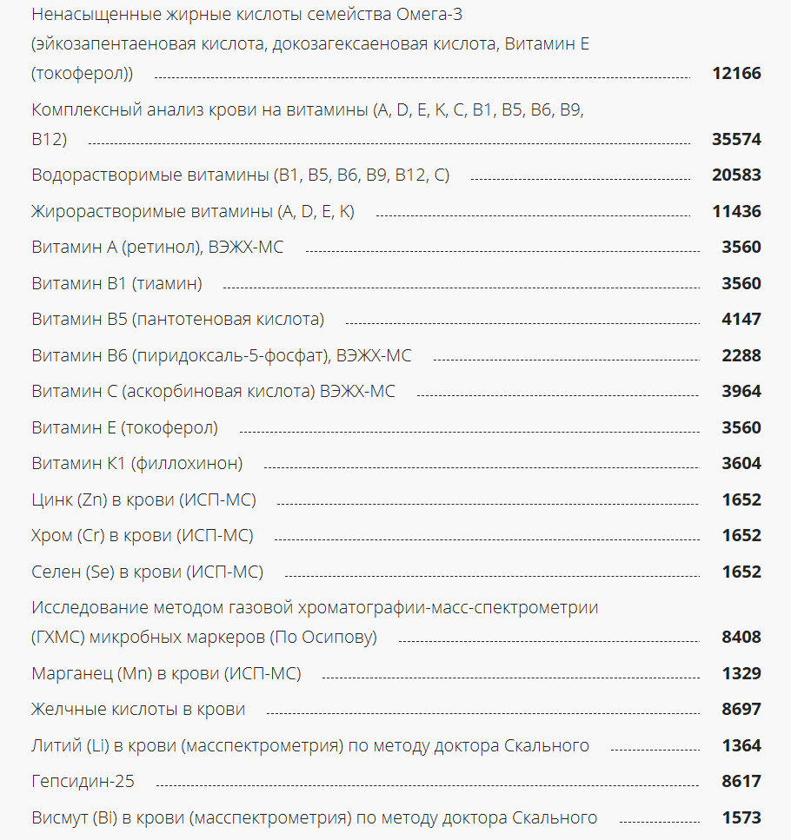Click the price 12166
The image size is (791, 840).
pyautogui.click(x=736, y=74)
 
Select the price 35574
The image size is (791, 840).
pyautogui.click(x=736, y=139)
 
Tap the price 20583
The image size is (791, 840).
pyautogui.click(x=736, y=175)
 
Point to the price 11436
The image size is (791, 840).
pyautogui.click(x=736, y=211)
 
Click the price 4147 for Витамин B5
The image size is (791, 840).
pyautogui.click(x=741, y=320)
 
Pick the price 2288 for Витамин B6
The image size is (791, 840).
pyautogui.click(x=741, y=355)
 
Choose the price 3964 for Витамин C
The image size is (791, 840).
pyautogui.click(x=741, y=392)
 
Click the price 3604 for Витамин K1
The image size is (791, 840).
pyautogui.click(x=741, y=464)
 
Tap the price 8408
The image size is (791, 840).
pyautogui.click(x=741, y=638)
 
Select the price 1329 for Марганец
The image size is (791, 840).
pyautogui.click(x=741, y=673)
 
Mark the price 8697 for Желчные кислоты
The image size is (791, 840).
pyautogui.click(x=741, y=710)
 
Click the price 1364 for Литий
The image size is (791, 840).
pyautogui.click(x=741, y=746)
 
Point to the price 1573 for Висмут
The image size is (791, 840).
pyautogui.click(x=741, y=818)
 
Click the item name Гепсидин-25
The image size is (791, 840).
pyautogui.click(x=83, y=782)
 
